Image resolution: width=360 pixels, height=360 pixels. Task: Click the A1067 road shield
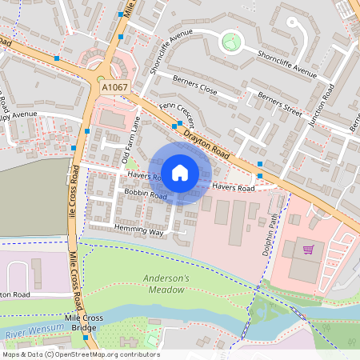114,84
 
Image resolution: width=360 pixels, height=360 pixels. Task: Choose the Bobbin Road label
145,195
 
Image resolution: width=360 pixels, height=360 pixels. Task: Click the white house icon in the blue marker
180,172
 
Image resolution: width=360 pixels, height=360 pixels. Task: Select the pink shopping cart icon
308,250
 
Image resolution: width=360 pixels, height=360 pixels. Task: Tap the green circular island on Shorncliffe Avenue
231,39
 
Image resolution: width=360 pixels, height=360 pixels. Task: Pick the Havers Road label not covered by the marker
233,188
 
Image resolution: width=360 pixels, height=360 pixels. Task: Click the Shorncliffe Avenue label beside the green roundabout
287,62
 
